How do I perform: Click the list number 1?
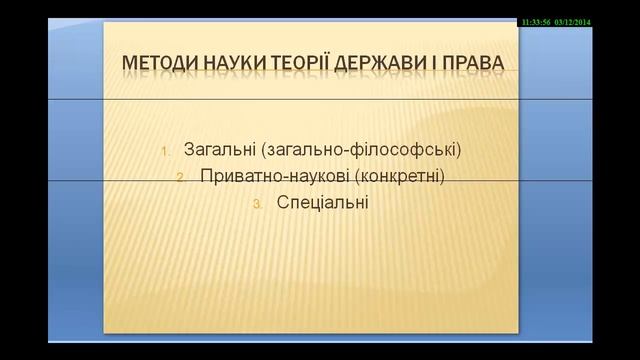point(166,152)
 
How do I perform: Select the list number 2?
point(180,178)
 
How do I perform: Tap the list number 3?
point(256,204)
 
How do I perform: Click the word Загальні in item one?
point(217,151)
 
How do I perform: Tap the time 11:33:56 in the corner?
point(541,21)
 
